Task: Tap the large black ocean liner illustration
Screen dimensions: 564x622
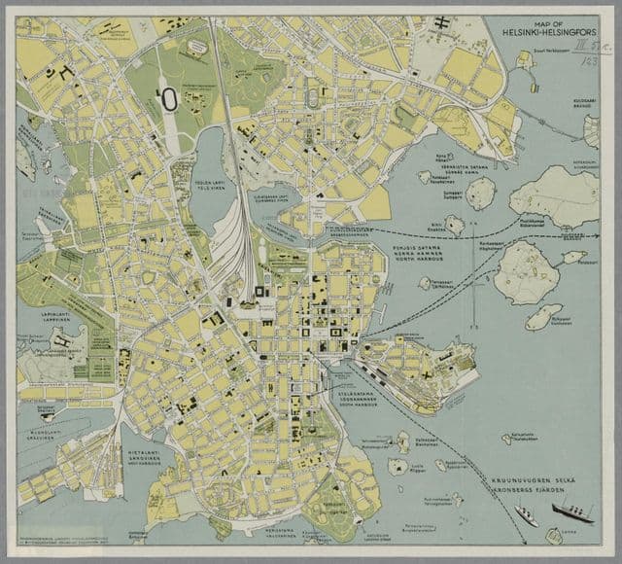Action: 570,511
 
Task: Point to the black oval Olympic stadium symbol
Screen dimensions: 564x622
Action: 168,97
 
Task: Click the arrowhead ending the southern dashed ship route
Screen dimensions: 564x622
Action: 534,525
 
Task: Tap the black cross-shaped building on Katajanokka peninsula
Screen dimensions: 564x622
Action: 426,370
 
